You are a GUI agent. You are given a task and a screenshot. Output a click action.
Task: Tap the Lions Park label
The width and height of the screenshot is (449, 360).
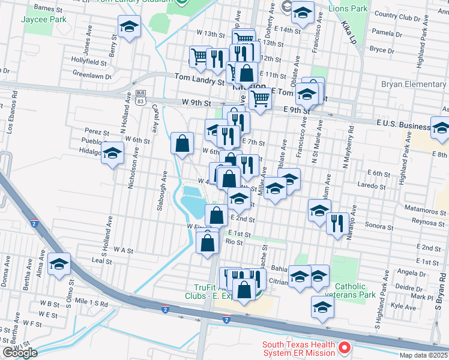(x=348, y=9)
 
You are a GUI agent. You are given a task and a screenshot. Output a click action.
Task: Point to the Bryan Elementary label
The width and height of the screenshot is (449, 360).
(x=414, y=85)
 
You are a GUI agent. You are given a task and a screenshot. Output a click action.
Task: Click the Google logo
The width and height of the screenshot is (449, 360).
(x=19, y=353)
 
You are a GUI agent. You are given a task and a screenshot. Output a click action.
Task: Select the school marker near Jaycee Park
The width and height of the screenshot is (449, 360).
(x=129, y=27)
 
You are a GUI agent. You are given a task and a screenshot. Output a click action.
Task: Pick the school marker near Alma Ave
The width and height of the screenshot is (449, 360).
(x=59, y=264)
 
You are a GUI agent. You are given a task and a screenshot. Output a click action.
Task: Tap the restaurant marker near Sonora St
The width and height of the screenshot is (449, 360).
(x=337, y=223)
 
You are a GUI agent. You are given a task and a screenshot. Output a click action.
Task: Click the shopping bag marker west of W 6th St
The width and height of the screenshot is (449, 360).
(x=182, y=143)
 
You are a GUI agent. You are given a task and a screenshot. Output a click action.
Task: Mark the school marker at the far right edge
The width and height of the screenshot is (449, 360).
(x=441, y=128)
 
